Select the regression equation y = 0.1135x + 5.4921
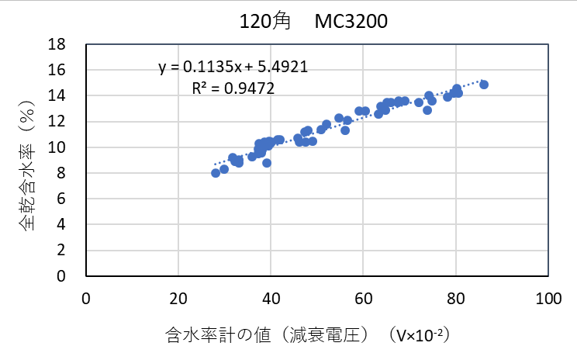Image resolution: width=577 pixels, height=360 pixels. [x=233, y=67]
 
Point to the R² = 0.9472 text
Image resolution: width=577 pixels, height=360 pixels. [x=233, y=88]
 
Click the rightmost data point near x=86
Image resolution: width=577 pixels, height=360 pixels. [x=484, y=85]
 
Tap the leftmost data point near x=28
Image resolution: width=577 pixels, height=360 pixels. [x=216, y=173]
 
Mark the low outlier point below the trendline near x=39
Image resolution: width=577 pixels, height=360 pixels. [x=267, y=163]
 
